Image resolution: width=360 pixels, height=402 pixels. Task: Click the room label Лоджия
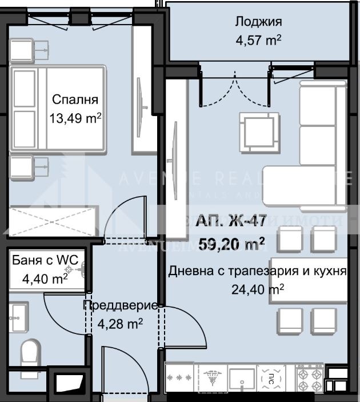pos(259,22)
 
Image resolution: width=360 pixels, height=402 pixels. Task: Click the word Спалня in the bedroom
pos(71,99)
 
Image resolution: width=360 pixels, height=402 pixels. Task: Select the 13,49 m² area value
pos(76,118)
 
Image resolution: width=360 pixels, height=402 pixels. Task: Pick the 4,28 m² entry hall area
pos(120,324)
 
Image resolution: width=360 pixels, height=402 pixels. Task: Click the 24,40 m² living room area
pos(258,290)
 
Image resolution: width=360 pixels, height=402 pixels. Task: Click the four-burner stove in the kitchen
pos(309,379)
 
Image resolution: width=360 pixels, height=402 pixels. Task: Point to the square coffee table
pos(261,130)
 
